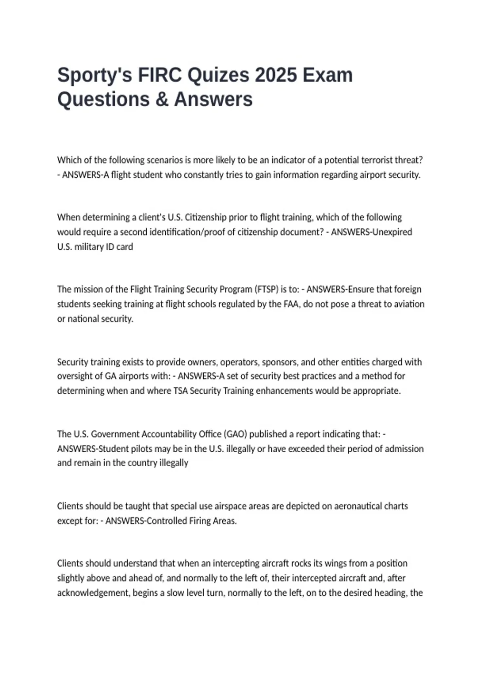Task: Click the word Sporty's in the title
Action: [95, 76]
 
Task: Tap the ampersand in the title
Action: [162, 99]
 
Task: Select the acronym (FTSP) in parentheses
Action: [266, 289]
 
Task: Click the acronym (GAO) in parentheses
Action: [235, 434]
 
